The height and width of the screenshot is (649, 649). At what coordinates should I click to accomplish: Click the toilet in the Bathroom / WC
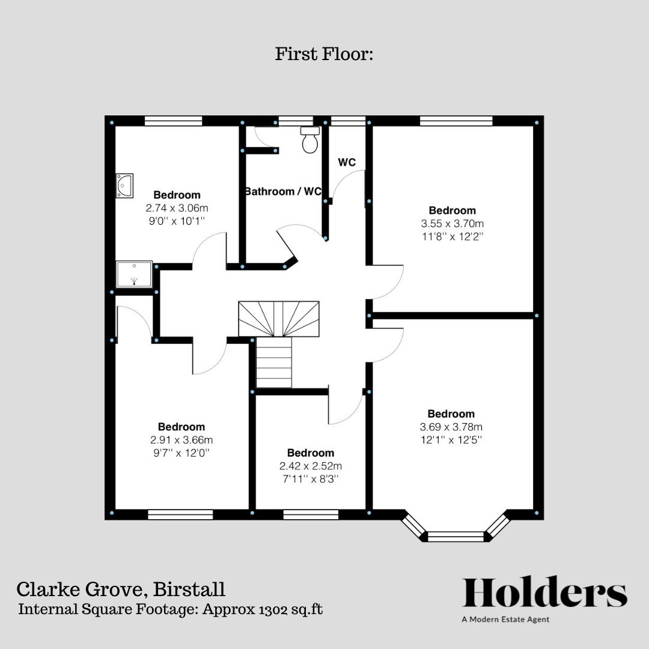point(310,141)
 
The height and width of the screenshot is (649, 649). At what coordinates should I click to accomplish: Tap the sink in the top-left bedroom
point(124,185)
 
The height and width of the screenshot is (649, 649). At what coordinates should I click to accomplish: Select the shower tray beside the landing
point(134,274)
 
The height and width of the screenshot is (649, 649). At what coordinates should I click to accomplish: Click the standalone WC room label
point(347,162)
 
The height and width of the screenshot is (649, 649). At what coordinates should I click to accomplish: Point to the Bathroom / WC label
point(282,192)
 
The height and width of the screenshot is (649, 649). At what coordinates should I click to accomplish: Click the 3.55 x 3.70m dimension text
point(452,224)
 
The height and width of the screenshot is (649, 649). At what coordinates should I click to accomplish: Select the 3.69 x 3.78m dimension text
point(451,427)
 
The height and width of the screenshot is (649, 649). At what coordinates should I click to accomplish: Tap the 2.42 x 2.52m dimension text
point(311,466)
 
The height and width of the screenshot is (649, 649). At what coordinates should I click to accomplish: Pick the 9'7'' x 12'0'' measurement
point(181,452)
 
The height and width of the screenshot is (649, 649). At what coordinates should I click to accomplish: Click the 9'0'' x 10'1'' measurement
point(177,221)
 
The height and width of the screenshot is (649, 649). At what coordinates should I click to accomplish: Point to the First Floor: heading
point(324,54)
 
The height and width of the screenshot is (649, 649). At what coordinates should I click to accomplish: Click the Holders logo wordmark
point(544,593)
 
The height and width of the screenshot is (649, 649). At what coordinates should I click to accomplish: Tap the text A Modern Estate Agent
point(505,620)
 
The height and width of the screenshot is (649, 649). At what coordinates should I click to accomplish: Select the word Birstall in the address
point(189,588)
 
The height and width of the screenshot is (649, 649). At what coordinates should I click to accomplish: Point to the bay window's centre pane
point(456,536)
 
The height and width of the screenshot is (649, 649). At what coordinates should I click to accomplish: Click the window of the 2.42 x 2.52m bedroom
point(310,514)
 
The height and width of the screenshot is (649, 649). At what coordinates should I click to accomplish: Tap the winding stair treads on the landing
point(279,318)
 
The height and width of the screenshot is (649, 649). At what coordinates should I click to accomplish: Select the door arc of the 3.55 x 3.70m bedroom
point(388,282)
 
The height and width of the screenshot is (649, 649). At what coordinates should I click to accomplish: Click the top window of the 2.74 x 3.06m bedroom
point(173,121)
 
